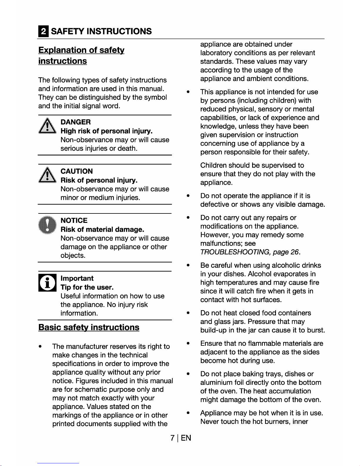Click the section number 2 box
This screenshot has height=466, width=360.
point(43,31)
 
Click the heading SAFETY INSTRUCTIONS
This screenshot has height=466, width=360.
point(101,31)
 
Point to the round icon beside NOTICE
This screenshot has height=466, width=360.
point(47,225)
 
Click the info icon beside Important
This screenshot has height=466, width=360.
point(47,283)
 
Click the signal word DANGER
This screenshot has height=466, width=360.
point(76,122)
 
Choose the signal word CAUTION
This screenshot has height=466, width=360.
point(77,171)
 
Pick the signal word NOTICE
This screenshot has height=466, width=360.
point(74,221)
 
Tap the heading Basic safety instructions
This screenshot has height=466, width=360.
point(89,328)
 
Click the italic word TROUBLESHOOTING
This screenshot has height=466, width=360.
point(235,252)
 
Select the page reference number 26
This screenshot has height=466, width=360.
point(294,252)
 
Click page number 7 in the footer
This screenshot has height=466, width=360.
point(173,438)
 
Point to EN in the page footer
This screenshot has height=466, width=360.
point(186,438)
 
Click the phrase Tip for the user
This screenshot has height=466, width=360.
point(87,287)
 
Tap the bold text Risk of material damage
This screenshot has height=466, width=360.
point(102,229)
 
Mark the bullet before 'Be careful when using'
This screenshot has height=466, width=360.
point(188,265)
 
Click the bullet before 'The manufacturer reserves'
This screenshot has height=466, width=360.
point(40,347)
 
